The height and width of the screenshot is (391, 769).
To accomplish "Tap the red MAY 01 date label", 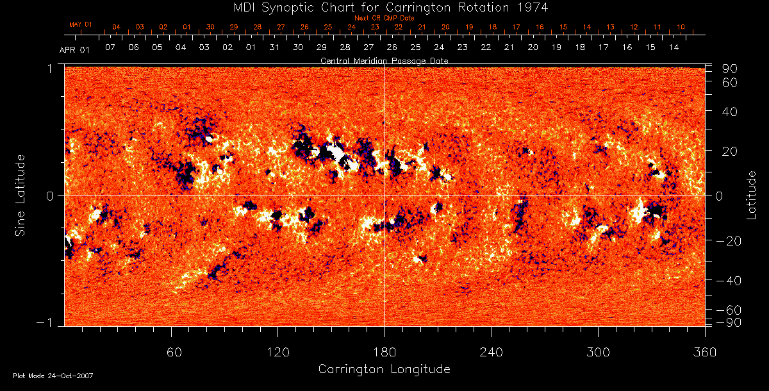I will coord(81,24).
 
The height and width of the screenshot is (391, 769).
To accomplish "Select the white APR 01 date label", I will coord(75,50).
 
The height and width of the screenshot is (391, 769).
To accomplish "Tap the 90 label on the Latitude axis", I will coord(730,69).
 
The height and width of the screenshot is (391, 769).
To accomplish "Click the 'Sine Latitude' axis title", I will coord(21,195).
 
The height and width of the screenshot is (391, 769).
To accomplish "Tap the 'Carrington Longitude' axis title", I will coord(384,369).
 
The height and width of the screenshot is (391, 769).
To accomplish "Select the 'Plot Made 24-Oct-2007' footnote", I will coord(53,376).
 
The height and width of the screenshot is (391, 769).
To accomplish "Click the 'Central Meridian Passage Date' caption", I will coord(384,60).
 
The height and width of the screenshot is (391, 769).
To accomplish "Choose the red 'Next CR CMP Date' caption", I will coord(384,18).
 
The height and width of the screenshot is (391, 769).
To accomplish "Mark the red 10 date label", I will coord(681,27).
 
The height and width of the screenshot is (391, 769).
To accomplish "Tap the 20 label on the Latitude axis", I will coord(730,151).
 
